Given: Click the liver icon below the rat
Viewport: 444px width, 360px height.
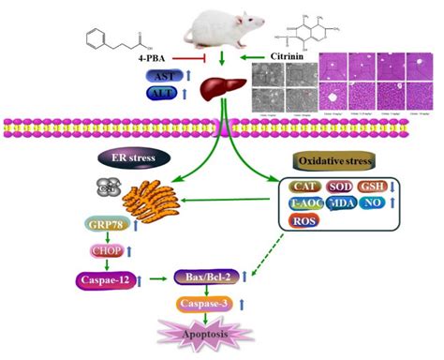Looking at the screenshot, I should point(221,91).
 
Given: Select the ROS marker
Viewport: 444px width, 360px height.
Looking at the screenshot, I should point(305,221).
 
